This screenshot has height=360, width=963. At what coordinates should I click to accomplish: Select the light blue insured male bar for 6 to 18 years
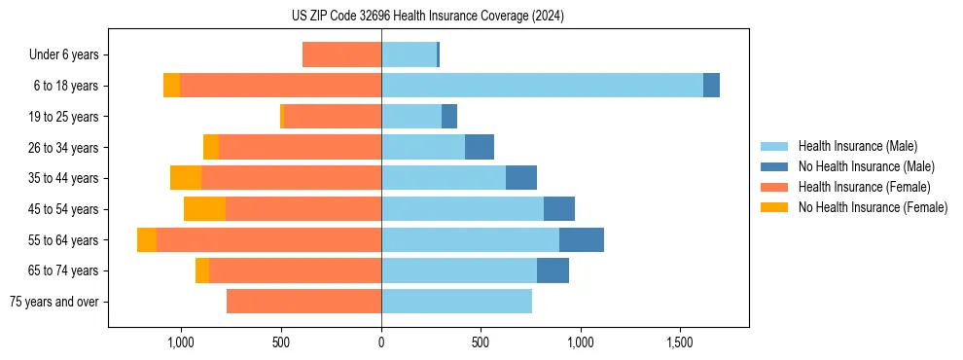click(x=542, y=86)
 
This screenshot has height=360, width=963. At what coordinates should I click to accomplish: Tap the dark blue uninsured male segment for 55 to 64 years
click(x=581, y=240)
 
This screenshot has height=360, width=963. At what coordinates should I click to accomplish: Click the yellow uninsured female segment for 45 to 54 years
click(x=204, y=209)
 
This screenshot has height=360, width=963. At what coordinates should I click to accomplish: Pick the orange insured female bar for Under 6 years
click(x=341, y=54)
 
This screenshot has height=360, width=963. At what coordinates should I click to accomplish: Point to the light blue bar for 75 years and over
click(x=456, y=302)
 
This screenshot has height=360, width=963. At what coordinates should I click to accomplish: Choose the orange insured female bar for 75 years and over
click(x=303, y=302)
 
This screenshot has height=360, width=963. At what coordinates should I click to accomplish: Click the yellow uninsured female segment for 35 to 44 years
click(x=186, y=178)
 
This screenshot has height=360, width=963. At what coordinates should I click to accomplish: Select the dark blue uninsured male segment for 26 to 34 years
click(x=480, y=147)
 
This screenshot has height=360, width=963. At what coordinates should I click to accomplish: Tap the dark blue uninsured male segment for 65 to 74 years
click(x=553, y=270)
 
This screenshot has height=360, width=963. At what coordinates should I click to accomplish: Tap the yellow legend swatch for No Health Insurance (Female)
click(x=775, y=207)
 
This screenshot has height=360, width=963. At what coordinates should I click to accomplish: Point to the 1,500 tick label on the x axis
click(x=680, y=342)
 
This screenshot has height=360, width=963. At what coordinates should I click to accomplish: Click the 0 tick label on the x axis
click(x=381, y=342)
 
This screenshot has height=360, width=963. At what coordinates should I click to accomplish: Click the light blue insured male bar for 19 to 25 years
click(x=411, y=117)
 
